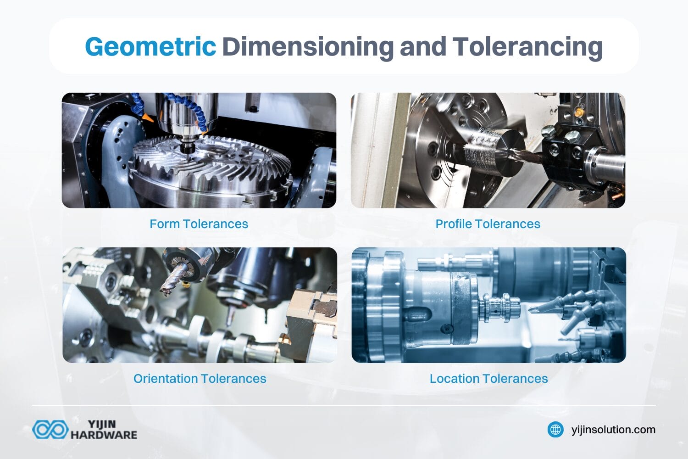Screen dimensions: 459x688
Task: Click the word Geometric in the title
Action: point(150,46)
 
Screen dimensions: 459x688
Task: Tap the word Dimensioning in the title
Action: point(308,46)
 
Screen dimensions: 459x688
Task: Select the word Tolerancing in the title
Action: point(527,46)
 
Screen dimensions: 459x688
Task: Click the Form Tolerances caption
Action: point(199,224)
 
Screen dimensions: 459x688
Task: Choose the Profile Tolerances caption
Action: point(488,224)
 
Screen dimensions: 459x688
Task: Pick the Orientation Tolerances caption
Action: point(200,379)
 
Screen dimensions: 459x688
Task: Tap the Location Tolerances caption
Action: point(488,379)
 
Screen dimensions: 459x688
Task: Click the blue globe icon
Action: point(555,430)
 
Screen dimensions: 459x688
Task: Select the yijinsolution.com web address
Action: point(613,430)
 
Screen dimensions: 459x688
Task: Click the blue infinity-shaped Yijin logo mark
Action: point(50,430)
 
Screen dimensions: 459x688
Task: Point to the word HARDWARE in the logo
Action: point(104,435)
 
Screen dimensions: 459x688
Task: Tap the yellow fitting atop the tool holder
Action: point(579,111)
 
